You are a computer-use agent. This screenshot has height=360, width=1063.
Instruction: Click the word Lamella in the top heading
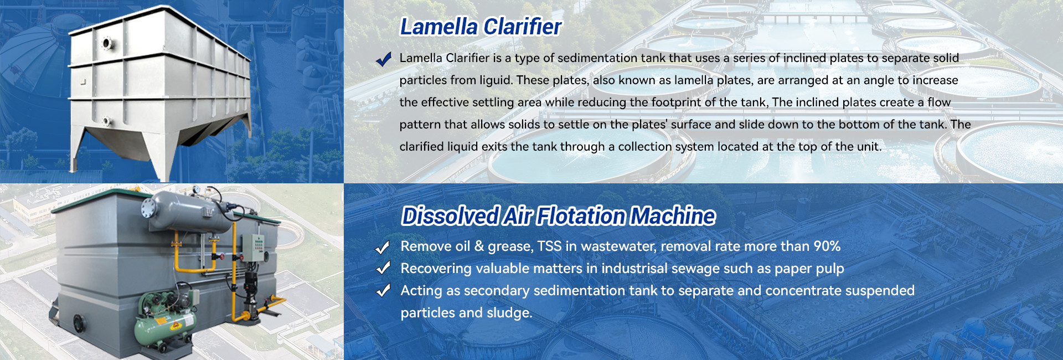(439, 27)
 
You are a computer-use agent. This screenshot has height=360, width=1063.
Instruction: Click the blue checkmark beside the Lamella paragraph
(383, 59)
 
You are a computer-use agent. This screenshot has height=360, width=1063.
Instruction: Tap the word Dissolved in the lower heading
(450, 216)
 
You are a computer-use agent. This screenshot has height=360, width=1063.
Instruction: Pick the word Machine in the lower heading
(673, 216)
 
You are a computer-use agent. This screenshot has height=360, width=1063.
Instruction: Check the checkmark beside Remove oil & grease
(383, 247)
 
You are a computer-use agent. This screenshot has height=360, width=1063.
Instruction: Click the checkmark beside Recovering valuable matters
(383, 269)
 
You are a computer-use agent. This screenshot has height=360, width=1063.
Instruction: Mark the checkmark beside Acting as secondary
(383, 291)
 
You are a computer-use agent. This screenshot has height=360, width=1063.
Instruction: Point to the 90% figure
(827, 246)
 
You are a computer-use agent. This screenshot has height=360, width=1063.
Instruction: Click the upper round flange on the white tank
(106, 43)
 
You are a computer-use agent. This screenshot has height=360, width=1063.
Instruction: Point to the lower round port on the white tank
(106, 121)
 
